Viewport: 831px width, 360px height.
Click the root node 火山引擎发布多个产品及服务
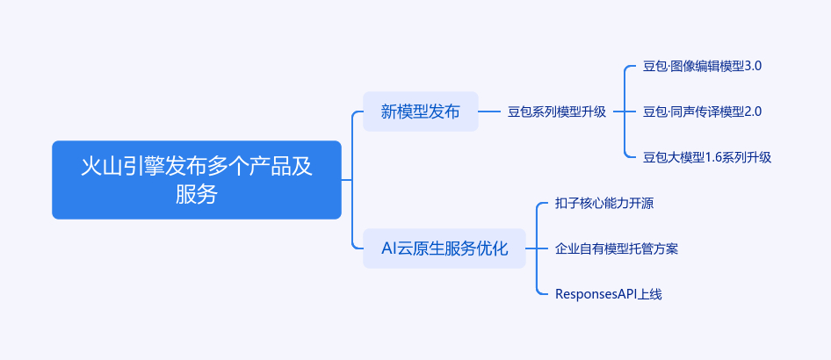tap(197, 180)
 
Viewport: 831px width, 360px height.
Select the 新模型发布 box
tap(420, 112)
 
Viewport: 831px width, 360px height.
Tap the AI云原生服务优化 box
tap(444, 248)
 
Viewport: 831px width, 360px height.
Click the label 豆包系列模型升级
tap(557, 112)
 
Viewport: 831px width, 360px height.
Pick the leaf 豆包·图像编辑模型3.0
tap(702, 67)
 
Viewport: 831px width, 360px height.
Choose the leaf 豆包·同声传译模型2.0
tap(702, 112)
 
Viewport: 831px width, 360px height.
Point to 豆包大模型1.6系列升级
tap(707, 157)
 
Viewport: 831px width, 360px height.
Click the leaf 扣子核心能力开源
tap(604, 204)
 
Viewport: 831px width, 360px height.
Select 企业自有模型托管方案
tap(617, 248)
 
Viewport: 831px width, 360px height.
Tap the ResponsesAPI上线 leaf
tap(609, 294)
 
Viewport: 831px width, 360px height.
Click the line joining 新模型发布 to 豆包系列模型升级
tap(489, 112)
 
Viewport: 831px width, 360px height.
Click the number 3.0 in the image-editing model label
tap(753, 67)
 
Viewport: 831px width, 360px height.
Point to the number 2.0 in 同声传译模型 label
tap(753, 112)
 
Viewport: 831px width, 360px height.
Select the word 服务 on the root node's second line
tap(197, 194)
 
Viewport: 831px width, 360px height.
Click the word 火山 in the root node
tap(101, 166)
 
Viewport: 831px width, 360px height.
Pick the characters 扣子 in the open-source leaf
tap(567, 204)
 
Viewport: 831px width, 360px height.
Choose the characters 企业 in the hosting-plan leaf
tap(567, 248)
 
